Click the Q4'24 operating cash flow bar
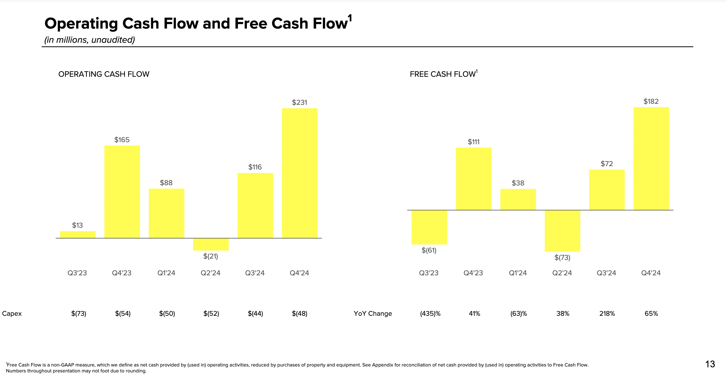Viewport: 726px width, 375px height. coord(300,173)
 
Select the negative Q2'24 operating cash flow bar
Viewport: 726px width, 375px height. coord(211,244)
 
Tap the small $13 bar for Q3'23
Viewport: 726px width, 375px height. coord(77,235)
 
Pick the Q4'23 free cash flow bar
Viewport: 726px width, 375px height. coord(473,179)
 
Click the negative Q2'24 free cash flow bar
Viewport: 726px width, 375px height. coord(562,231)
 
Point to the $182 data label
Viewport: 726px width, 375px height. coord(651,101)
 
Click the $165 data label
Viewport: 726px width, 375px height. coord(122,140)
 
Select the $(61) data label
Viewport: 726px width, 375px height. coord(429,250)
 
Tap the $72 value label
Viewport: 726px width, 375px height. coord(607,164)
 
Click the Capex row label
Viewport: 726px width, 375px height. coord(12,313)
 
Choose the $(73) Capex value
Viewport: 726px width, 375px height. coord(79,313)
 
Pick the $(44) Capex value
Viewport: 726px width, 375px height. coord(255,313)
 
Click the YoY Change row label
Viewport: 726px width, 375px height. coord(373,313)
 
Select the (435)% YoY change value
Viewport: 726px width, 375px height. coord(430,313)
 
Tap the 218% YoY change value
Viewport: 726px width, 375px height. coord(607,313)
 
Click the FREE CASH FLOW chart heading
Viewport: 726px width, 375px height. coord(443,74)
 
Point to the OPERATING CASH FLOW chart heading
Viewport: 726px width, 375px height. coord(104,74)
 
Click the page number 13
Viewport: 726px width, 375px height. coord(710,364)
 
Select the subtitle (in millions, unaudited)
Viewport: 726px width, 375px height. coord(90,40)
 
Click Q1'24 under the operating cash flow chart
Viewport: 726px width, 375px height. coord(166,273)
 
